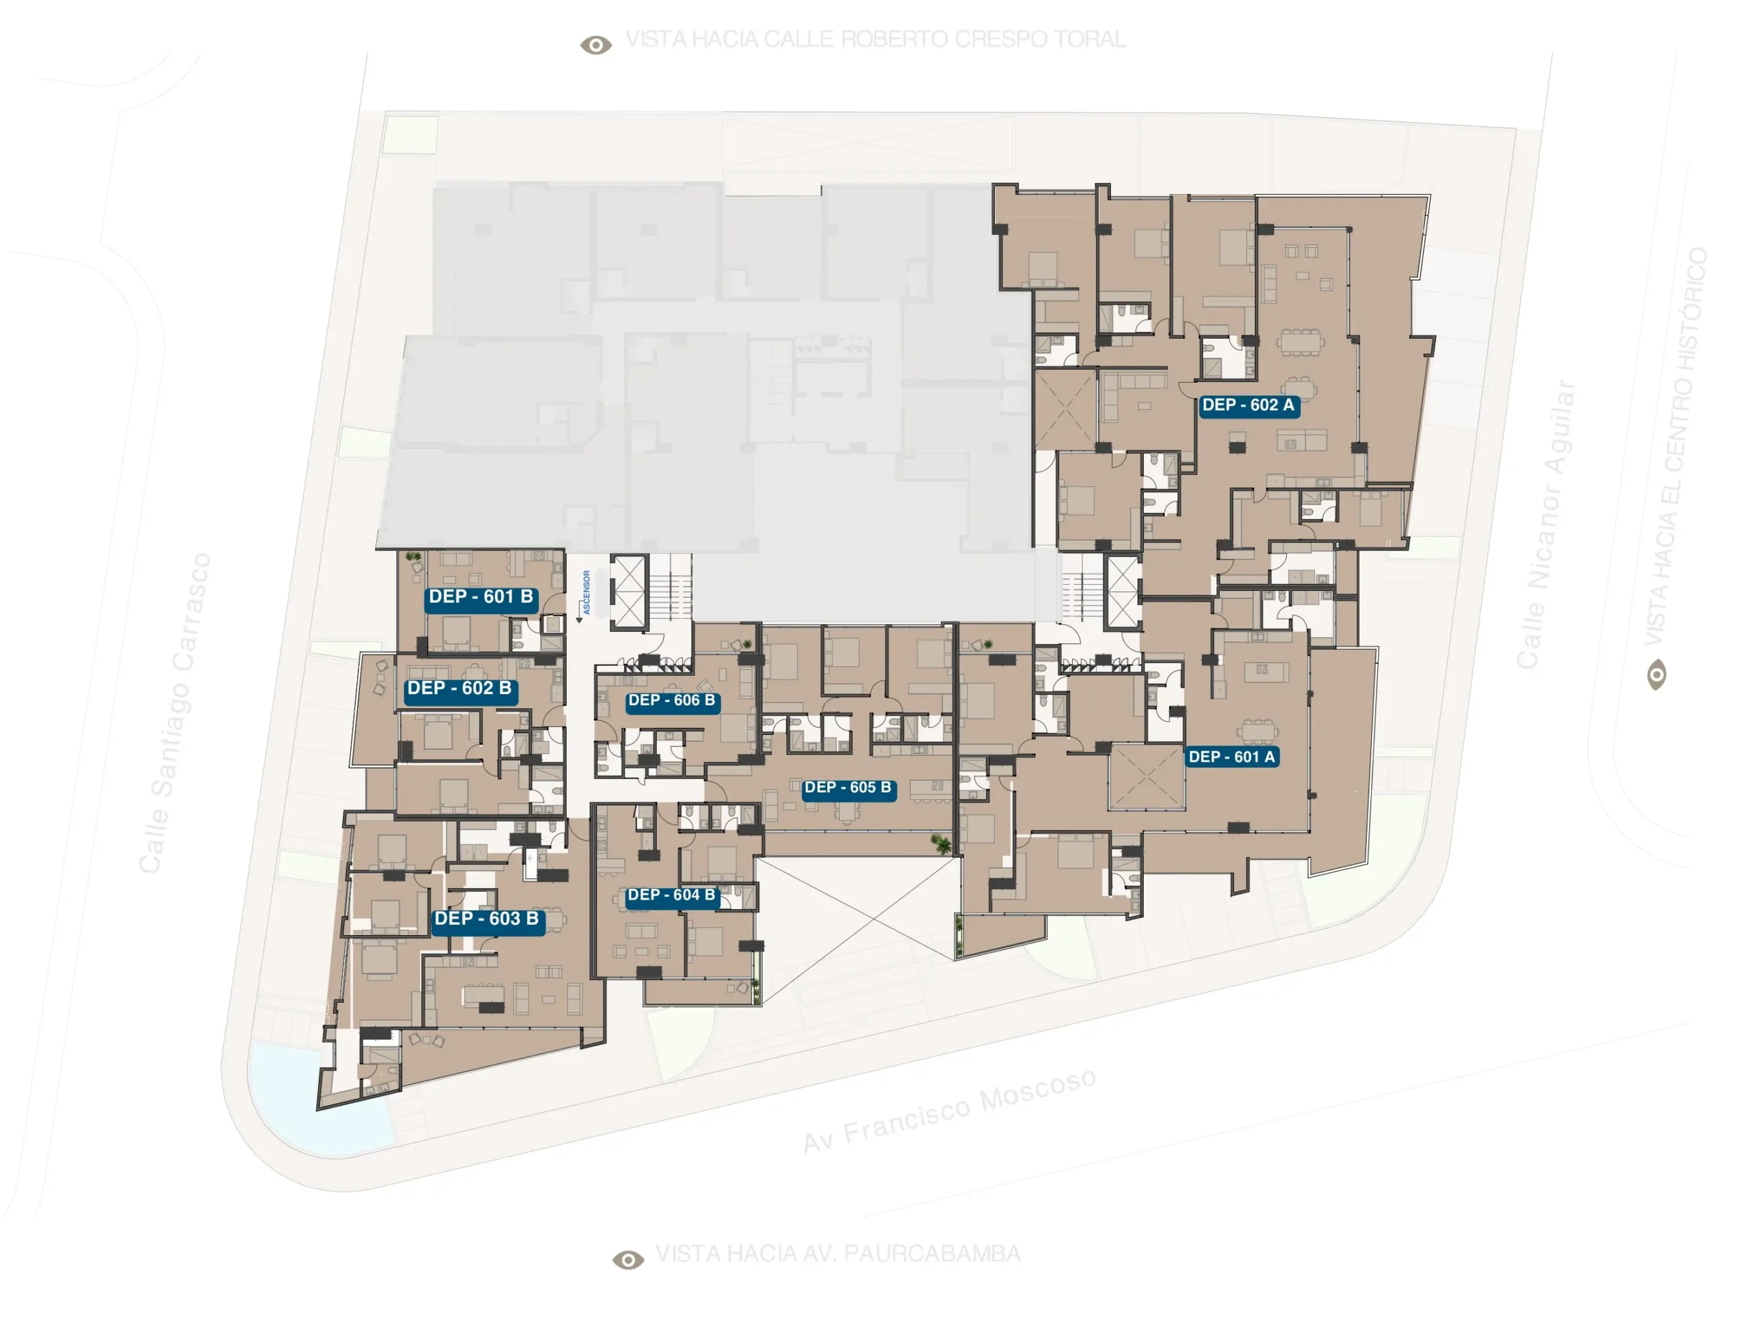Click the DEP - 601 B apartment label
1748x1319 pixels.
point(481,598)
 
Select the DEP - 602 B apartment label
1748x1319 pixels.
point(459,690)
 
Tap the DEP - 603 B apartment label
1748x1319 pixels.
point(487,920)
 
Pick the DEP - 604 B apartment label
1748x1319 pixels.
point(671,896)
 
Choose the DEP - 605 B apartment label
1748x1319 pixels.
point(848,789)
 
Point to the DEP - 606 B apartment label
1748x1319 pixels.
point(672,702)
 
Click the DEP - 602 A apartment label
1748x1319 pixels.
point(1249,406)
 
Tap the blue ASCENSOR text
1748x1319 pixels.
point(587,593)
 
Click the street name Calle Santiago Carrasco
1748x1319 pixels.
point(175,713)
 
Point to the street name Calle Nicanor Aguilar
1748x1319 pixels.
point(1546,525)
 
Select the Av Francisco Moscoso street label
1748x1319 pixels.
point(950,1111)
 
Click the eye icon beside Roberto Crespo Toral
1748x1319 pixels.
point(596,45)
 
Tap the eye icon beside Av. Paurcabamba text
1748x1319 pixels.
point(628,1260)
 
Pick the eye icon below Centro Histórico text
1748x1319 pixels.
point(1657,675)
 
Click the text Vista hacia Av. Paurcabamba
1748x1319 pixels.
point(838,1254)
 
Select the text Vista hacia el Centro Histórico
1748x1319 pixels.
point(1677,447)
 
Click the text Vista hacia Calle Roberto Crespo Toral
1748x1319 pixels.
point(875,40)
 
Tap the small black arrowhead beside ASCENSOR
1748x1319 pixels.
point(579,620)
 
